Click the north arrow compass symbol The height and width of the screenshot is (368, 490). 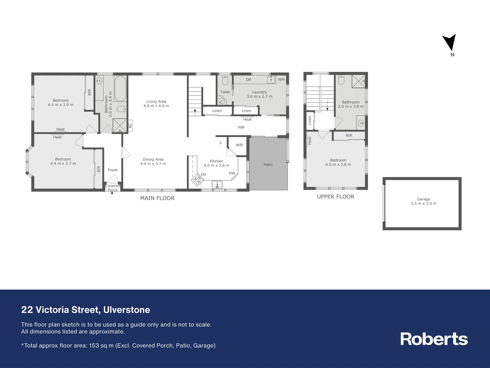click(449, 43)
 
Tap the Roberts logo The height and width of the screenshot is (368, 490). click(434, 339)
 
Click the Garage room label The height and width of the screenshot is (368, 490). click(424, 199)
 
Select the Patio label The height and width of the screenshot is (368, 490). click(268, 165)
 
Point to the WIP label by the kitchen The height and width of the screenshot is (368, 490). click(240, 145)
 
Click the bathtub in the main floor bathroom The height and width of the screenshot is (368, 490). click(120, 89)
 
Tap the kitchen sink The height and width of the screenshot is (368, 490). click(217, 184)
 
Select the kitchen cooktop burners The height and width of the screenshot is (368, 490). click(197, 180)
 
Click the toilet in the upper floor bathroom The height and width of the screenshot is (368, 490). click(341, 80)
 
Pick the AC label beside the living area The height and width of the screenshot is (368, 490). click(130, 126)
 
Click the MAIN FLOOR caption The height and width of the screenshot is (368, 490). click(157, 198)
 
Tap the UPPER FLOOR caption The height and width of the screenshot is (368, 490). click(336, 197)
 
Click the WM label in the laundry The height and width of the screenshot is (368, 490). click(281, 80)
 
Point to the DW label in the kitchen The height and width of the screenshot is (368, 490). click(232, 173)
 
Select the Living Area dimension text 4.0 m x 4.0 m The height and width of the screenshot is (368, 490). click(156, 106)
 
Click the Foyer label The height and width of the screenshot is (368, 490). click(113, 170)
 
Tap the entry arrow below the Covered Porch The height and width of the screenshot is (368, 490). click(112, 194)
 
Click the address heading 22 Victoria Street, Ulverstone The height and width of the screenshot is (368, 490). click(86, 310)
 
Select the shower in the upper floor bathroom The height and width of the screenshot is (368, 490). click(358, 81)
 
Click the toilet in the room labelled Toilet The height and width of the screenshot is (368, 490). click(225, 80)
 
